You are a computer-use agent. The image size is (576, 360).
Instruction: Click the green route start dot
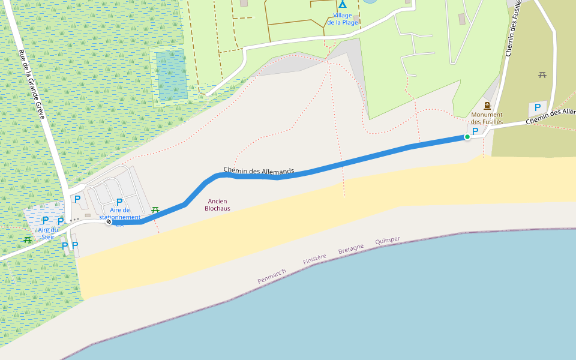pos(467,137)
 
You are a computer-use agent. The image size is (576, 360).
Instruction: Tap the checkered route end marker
pos(109,222)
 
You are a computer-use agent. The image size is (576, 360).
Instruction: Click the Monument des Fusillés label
pos(487,118)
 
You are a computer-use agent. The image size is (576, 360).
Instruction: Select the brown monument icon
pos(487,106)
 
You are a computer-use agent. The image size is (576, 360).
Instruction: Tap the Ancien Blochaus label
pos(217,205)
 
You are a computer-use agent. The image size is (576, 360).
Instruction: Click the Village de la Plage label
pos(343,19)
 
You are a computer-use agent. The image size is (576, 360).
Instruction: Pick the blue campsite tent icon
pos(343,4)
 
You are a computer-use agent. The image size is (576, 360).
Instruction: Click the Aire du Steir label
pos(48,233)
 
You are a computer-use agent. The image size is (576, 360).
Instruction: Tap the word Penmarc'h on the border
pos(272,277)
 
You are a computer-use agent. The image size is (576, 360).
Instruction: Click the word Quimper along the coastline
pos(388,241)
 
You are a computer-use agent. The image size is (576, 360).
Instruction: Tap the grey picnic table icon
pos(542,75)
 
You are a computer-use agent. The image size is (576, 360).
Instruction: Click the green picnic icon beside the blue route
pos(155,209)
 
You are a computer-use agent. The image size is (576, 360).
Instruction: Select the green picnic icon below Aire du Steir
pos(28,240)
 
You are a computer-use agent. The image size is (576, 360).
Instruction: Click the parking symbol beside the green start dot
pos(476,131)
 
